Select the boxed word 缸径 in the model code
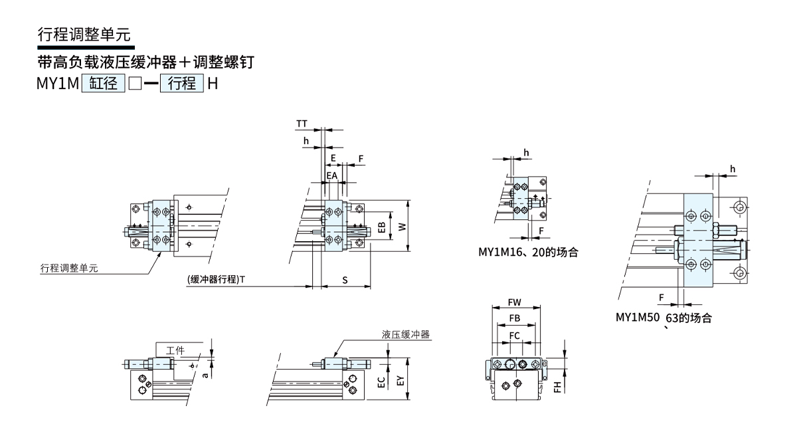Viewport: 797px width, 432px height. (103, 84)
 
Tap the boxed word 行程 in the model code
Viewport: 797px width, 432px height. (181, 84)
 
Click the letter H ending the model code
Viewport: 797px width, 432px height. (213, 84)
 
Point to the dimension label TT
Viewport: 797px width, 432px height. (302, 124)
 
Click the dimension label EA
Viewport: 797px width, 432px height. (331, 175)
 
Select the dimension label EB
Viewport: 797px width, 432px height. (381, 227)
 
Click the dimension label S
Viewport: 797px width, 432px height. (345, 280)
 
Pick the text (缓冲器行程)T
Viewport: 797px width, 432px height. (216, 280)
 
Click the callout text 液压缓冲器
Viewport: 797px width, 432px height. (406, 335)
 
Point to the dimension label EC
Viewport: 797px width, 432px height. (381, 382)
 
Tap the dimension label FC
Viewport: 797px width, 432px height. (514, 336)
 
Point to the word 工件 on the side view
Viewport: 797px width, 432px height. (175, 350)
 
